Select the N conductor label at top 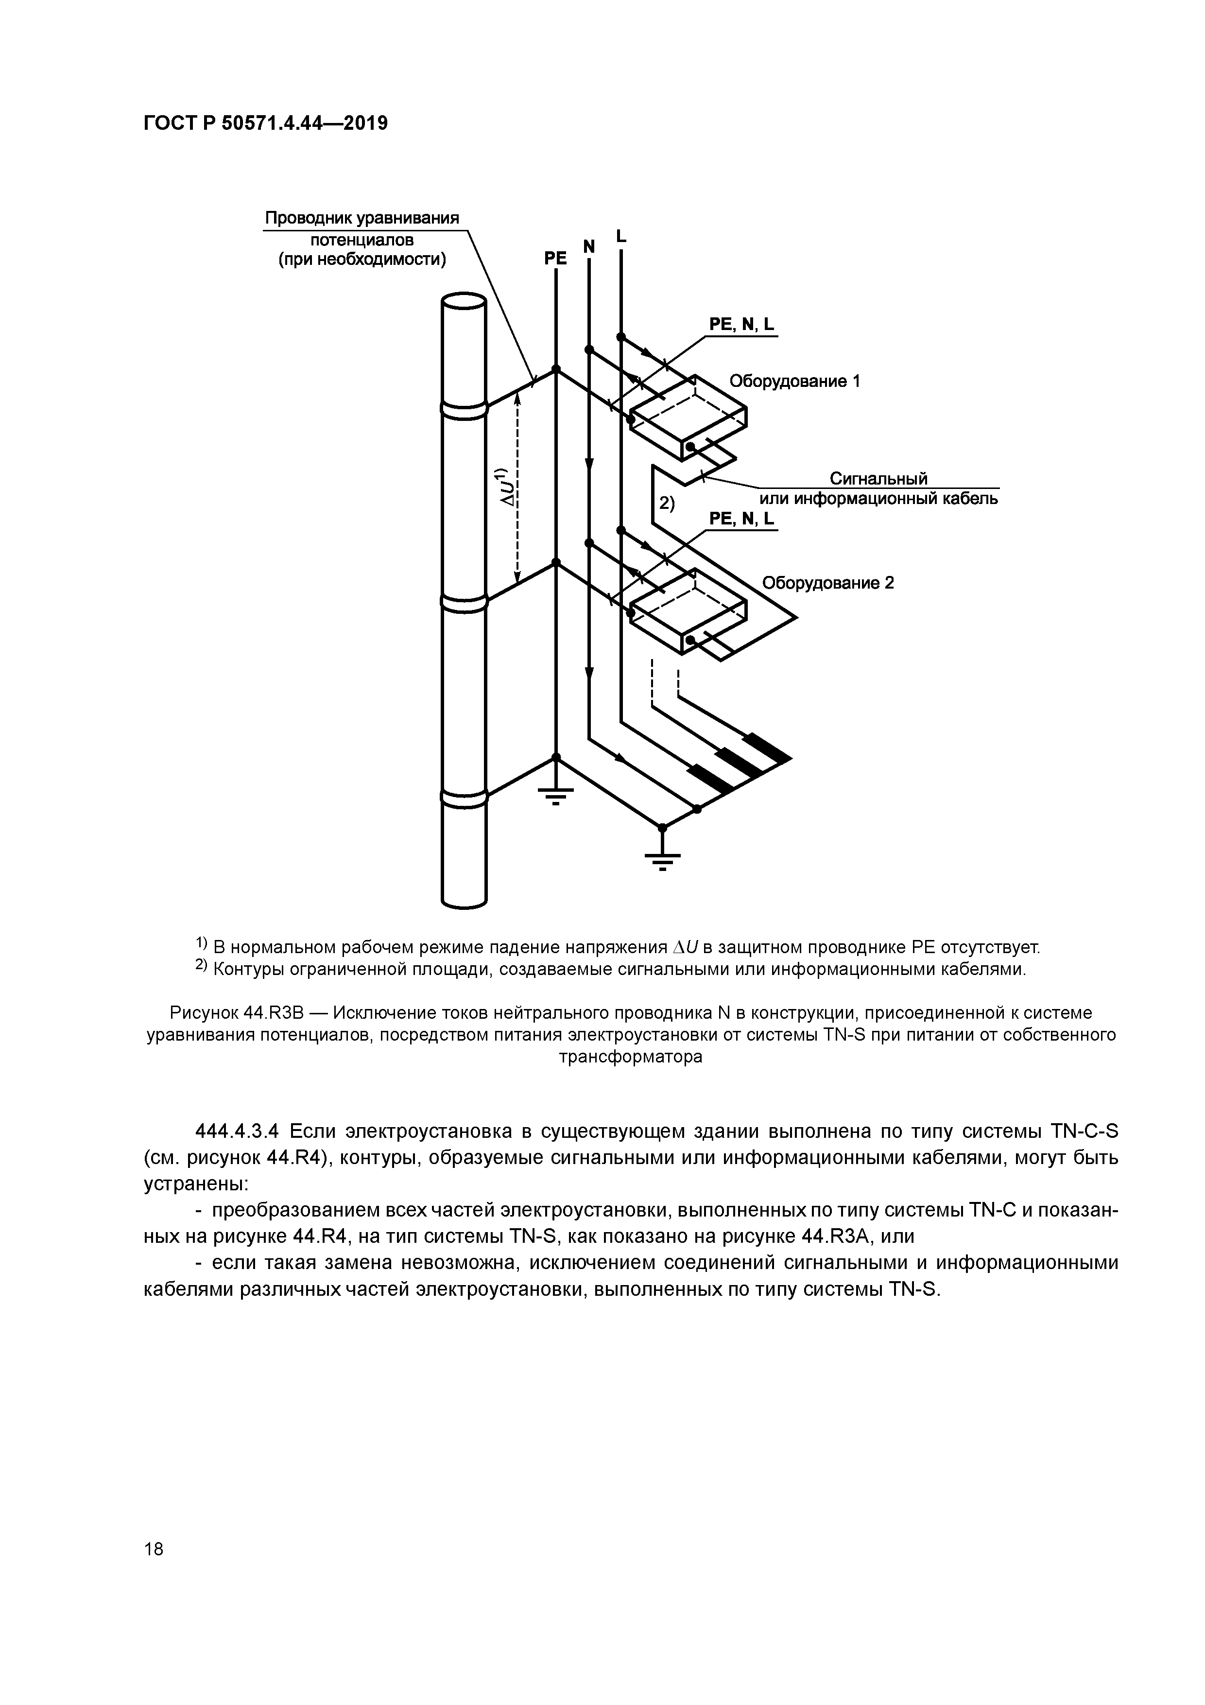[x=589, y=246]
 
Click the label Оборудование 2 [x=828, y=583]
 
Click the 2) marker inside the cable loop [x=667, y=504]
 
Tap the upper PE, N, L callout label [x=741, y=325]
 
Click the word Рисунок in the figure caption [x=204, y=1013]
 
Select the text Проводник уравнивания [x=362, y=219]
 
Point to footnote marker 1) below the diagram [x=201, y=944]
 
